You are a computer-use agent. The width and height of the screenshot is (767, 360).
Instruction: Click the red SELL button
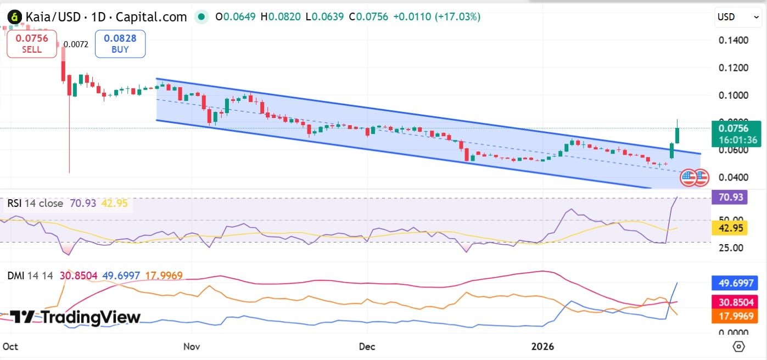point(32,44)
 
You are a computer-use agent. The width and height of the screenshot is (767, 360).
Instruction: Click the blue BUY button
point(120,44)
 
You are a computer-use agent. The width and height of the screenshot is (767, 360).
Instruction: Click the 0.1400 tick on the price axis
point(733,40)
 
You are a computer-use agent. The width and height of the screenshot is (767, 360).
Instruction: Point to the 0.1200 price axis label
point(733,67)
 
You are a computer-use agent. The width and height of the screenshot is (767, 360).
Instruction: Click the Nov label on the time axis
point(191,347)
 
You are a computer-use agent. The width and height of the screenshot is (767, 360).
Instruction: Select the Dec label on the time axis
point(367,347)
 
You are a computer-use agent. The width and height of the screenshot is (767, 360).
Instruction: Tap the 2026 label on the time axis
point(543,347)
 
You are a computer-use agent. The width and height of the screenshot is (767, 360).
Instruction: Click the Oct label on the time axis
point(10,347)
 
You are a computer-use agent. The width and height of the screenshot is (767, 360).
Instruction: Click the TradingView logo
point(75,317)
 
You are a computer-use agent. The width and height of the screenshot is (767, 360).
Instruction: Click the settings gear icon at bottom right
point(738,347)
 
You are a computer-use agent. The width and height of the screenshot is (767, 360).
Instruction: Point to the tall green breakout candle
point(678,134)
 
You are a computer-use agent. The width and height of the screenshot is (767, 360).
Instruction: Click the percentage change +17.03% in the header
point(457,17)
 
